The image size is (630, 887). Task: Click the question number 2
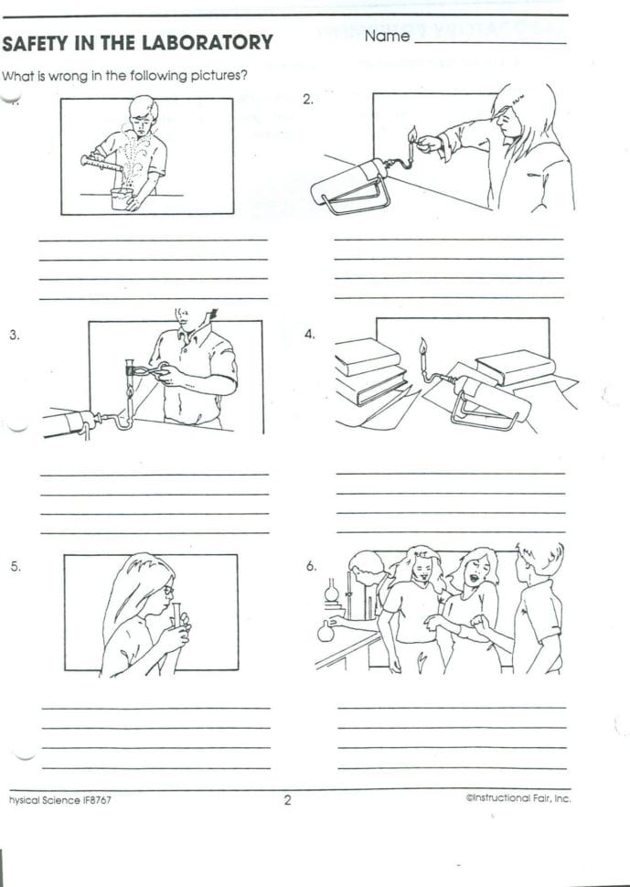tap(308, 100)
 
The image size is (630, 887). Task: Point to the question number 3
tap(14, 335)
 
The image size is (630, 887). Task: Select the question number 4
tap(309, 335)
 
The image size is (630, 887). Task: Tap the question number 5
tap(15, 566)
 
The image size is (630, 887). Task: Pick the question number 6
tap(311, 566)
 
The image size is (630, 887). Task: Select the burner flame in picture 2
tap(412, 134)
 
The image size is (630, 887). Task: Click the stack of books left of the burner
tap(370, 370)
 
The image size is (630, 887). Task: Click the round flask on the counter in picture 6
tap(326, 629)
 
